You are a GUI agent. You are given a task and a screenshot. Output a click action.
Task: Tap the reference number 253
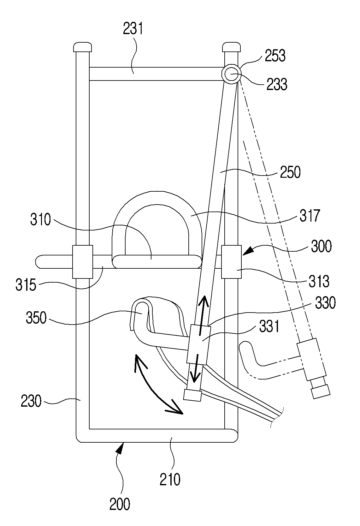click(275, 56)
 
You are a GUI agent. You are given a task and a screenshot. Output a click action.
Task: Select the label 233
click(277, 84)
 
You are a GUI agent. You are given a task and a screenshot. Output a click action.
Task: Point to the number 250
click(290, 172)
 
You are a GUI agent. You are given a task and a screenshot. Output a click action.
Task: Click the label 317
click(310, 216)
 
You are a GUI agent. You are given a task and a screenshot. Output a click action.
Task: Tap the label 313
click(319, 281)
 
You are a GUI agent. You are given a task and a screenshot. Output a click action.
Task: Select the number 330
click(325, 303)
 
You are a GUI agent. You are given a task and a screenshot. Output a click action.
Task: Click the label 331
click(269, 327)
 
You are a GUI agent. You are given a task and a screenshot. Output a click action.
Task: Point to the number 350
click(36, 318)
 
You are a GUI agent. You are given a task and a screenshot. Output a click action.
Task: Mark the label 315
click(26, 285)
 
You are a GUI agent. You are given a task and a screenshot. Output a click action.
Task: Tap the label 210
click(170, 480)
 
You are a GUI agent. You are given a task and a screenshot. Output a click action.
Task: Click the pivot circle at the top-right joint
click(231, 74)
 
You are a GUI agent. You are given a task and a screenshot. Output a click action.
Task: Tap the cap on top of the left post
click(82, 47)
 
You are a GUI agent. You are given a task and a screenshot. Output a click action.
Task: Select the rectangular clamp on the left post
click(83, 262)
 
